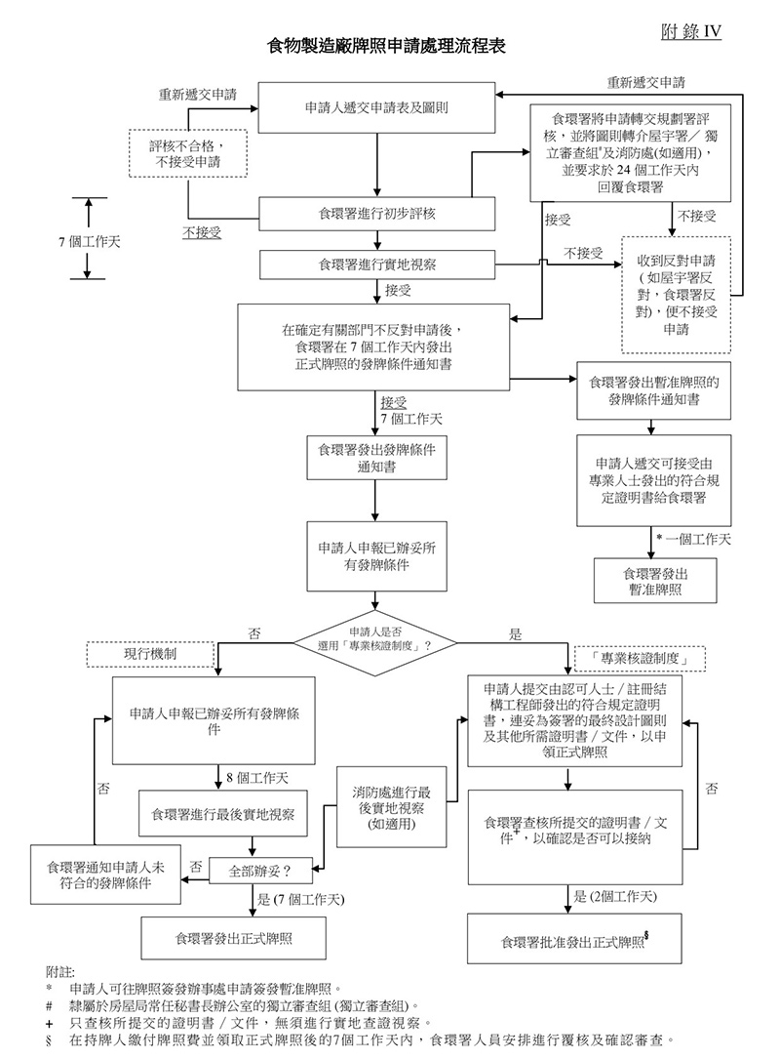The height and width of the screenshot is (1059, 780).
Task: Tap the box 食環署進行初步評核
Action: click(x=375, y=211)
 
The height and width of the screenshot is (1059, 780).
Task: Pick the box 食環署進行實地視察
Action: click(x=375, y=264)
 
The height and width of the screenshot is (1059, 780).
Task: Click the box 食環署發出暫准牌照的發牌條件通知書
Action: click(x=654, y=389)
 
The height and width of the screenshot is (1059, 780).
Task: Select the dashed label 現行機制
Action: click(x=149, y=653)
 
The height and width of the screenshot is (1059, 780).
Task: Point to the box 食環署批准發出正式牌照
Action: click(x=574, y=941)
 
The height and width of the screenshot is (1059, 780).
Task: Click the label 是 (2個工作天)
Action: click(x=615, y=897)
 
